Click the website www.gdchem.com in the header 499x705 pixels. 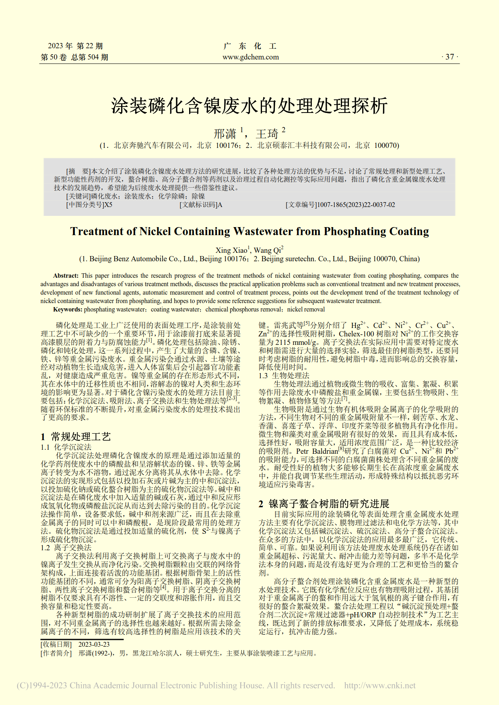click(x=250, y=57)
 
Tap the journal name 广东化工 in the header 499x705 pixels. click(x=250, y=46)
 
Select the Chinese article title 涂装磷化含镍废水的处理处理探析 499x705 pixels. click(x=249, y=106)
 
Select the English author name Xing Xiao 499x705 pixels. click(x=231, y=250)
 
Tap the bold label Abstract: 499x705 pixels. click(x=66, y=276)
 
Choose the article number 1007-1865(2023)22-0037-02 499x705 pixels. click(x=356, y=205)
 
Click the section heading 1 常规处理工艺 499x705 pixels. click(x=76, y=437)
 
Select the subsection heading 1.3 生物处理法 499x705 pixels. click(x=284, y=375)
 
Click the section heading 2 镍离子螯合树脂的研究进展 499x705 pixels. click(x=324, y=504)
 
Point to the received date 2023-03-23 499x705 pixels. click(x=94, y=645)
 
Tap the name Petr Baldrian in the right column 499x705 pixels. click(x=317, y=451)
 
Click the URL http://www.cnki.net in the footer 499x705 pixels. click(x=380, y=686)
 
